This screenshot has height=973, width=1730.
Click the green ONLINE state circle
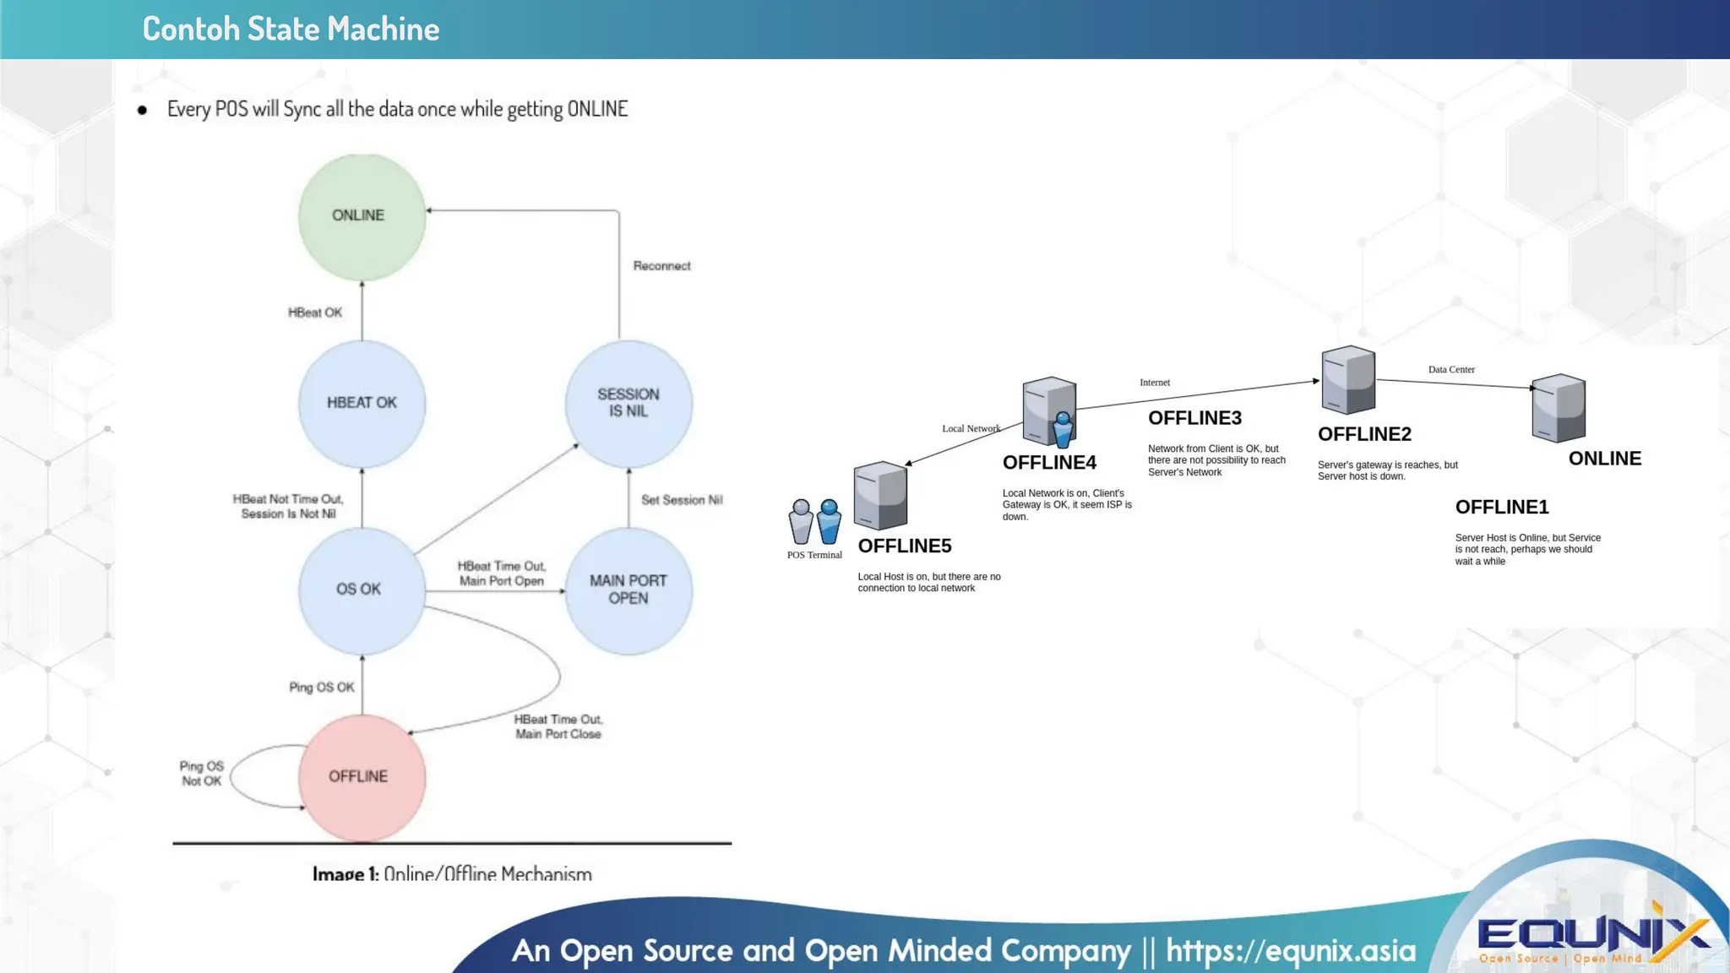[362, 217]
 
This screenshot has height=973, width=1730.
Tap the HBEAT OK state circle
[362, 404]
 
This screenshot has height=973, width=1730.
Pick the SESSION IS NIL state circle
[628, 404]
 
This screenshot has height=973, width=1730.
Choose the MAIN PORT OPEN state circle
[628, 590]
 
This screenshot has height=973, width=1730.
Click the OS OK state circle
[362, 590]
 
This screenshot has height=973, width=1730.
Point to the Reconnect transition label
[661, 266]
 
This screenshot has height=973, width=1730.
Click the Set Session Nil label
[682, 500]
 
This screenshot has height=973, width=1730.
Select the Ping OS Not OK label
[201, 774]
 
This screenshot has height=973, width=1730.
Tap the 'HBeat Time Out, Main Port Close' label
[558, 727]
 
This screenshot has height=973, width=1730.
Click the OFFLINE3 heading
[1194, 418]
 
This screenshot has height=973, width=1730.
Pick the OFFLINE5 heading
[904, 546]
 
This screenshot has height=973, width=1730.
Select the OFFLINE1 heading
[1501, 508]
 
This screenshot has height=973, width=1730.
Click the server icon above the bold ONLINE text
[1558, 409]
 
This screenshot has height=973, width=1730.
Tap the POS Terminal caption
[814, 555]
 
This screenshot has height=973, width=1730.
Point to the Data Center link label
[1451, 370]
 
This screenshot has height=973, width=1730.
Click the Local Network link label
[971, 429]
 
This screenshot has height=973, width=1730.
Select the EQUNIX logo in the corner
[1592, 938]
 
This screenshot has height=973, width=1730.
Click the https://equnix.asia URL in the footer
[1290, 951]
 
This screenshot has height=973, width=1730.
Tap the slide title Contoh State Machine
[291, 30]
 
